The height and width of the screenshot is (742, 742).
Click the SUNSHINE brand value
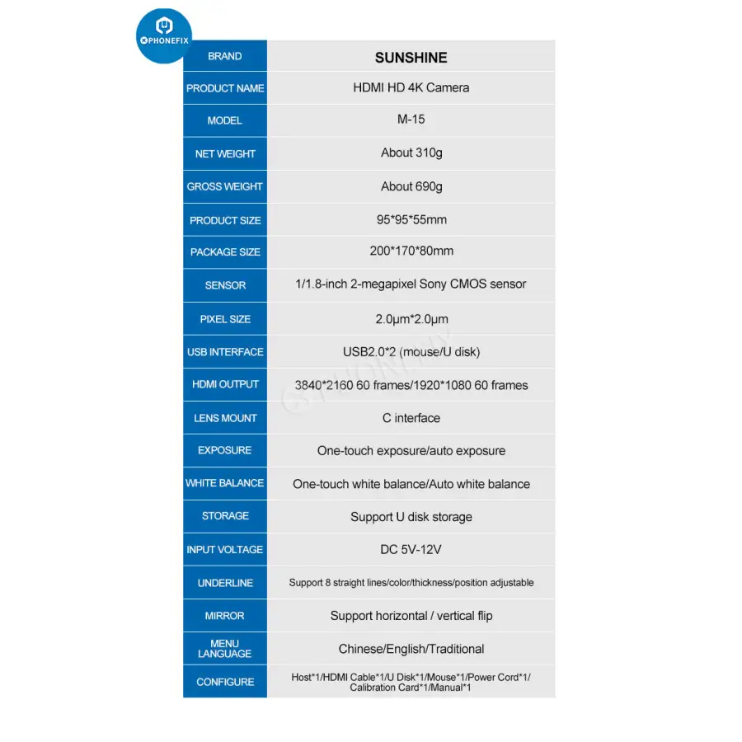(x=411, y=58)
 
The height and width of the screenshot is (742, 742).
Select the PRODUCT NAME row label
(x=225, y=88)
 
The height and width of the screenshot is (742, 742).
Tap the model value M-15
(x=411, y=119)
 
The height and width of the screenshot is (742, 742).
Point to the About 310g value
(x=411, y=153)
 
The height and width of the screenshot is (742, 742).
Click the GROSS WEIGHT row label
(x=225, y=186)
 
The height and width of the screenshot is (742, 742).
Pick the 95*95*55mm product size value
(x=411, y=220)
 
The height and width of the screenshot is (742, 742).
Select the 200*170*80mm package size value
(x=411, y=251)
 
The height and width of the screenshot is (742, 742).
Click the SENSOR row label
(x=225, y=285)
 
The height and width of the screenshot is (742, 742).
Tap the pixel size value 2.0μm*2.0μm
(x=411, y=319)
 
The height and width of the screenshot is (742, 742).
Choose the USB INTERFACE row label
(x=225, y=352)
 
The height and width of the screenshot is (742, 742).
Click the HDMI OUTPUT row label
(x=225, y=384)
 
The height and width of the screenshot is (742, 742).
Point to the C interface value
(x=411, y=418)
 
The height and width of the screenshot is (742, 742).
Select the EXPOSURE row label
(x=225, y=450)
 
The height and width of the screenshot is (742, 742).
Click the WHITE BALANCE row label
(x=225, y=483)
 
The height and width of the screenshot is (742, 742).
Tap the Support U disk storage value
(x=411, y=517)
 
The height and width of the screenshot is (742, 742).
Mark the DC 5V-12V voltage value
(x=411, y=549)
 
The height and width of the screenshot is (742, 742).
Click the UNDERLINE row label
(x=225, y=583)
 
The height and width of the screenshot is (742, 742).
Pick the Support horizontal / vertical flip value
(x=411, y=616)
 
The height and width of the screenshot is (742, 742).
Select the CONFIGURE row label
(x=225, y=682)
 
